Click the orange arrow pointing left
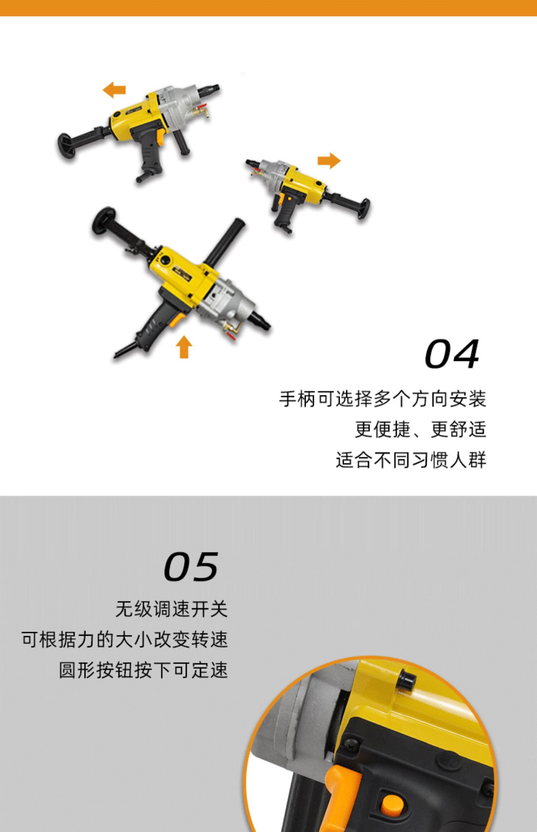tap(114, 90)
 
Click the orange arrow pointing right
tap(329, 160)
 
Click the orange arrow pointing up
tap(184, 346)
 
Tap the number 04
tap(452, 354)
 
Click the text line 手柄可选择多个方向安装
tap(382, 399)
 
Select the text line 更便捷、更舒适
tap(420, 429)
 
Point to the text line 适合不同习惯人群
tap(411, 460)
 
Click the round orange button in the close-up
tap(392, 805)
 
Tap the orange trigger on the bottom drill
tap(177, 320)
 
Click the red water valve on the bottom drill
tap(231, 335)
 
